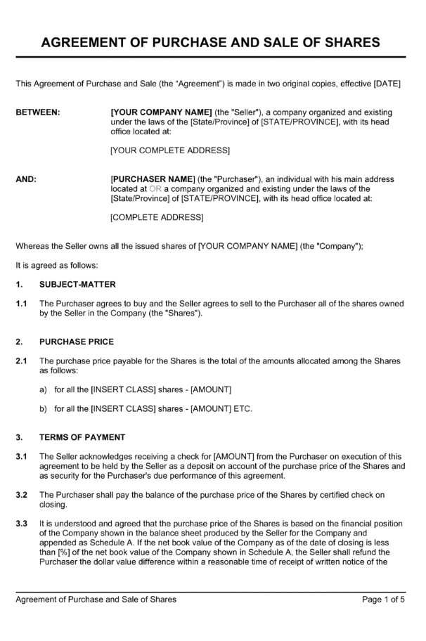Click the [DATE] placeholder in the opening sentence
387,84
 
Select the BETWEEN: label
38,112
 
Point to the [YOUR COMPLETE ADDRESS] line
170,150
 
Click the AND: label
26,179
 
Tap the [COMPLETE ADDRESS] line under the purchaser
157,217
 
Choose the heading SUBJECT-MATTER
77,285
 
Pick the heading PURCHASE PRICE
77,342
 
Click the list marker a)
44,389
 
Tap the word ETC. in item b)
240,408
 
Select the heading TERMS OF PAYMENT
82,436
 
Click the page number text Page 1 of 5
384,600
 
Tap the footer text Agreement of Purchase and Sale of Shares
96,600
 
